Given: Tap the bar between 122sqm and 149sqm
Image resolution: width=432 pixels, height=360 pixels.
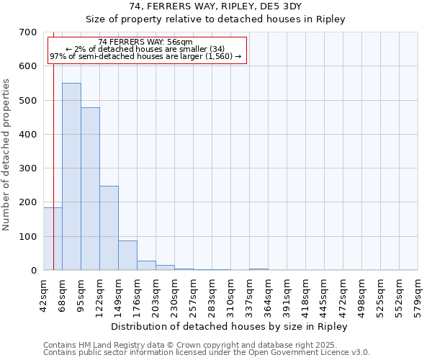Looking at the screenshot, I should (x=109, y=228).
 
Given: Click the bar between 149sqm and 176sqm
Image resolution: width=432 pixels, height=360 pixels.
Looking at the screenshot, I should (x=127, y=255).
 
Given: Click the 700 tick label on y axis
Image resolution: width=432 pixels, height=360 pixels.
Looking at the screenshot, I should (x=28, y=32).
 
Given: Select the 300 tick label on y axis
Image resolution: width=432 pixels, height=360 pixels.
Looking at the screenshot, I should (x=28, y=168).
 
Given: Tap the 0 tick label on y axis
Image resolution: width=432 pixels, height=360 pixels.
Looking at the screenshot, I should (x=33, y=271).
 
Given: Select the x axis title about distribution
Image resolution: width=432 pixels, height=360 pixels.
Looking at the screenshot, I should (x=229, y=326).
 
